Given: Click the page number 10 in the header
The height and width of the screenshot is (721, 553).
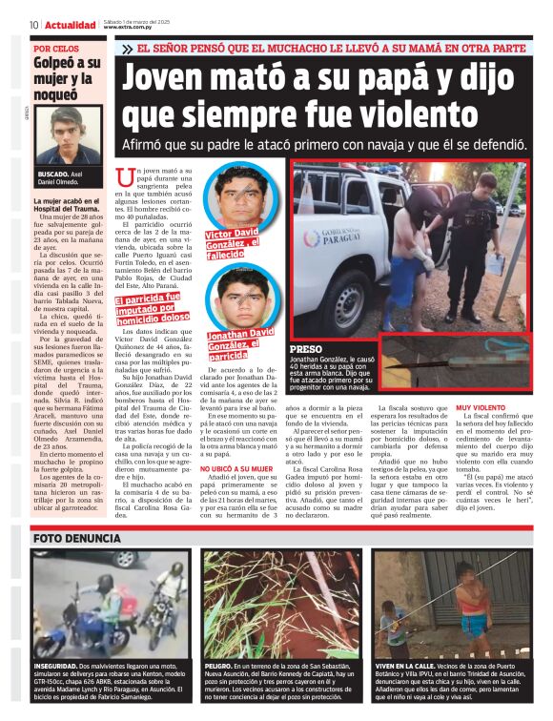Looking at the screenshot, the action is pos(33,25).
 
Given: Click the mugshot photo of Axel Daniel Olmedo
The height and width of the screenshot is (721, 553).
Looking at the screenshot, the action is pos(68,134).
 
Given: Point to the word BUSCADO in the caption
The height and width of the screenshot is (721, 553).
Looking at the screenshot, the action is pos(52,175).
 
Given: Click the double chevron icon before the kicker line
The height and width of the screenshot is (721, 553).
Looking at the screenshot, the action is pos(127,49).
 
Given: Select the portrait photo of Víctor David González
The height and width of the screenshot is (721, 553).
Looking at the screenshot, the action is pos(240,195).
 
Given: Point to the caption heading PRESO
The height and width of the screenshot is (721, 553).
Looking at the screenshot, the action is pos(306,350).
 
